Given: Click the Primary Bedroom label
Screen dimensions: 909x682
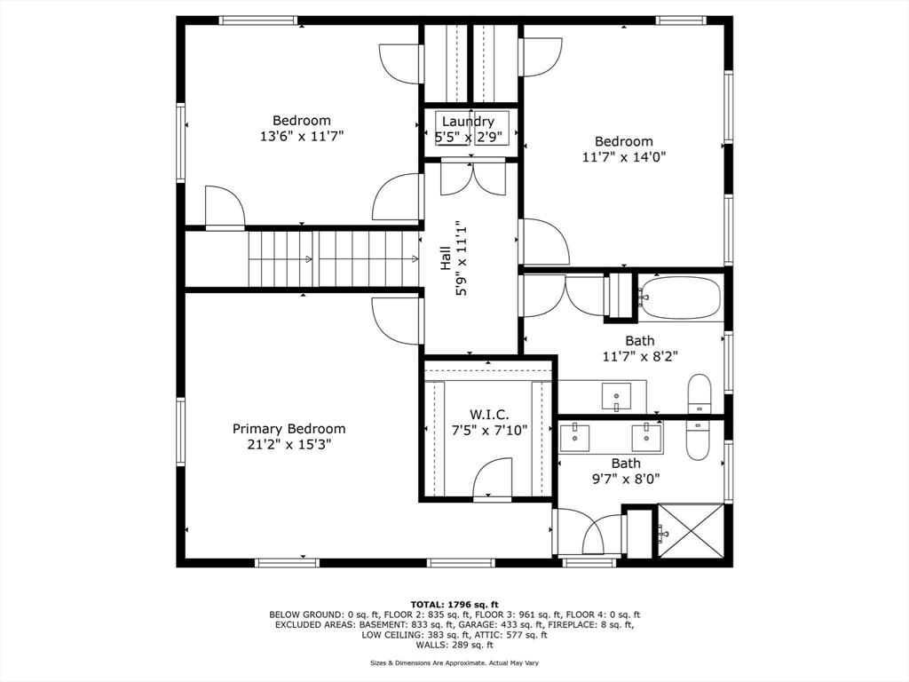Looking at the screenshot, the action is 289,429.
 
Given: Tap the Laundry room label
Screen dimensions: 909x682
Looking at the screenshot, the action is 468,121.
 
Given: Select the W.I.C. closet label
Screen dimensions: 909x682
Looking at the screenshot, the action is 489,415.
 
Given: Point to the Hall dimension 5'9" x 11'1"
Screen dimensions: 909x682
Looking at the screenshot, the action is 462,258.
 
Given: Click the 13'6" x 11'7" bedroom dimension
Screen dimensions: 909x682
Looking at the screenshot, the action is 302,136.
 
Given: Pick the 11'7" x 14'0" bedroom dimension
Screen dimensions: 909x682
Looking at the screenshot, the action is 624,156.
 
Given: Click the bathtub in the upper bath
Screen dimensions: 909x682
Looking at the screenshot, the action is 680,297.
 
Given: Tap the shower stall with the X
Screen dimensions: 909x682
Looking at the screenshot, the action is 691,531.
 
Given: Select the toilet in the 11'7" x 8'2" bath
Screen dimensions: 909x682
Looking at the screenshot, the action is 700,393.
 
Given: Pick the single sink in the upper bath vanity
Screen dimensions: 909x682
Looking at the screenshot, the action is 616,397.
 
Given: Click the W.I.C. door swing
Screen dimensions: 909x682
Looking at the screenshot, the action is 492,477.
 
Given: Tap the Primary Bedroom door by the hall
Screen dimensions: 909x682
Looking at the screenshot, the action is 397,321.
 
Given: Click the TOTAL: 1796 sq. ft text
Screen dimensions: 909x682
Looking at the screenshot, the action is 454,604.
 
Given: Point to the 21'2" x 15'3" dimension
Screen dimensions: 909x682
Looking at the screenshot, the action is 289,445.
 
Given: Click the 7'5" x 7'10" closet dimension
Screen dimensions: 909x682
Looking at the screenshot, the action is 489,431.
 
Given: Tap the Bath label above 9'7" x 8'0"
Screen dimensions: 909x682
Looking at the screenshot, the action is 626,464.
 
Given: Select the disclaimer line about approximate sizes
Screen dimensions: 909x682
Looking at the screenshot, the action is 454,662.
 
